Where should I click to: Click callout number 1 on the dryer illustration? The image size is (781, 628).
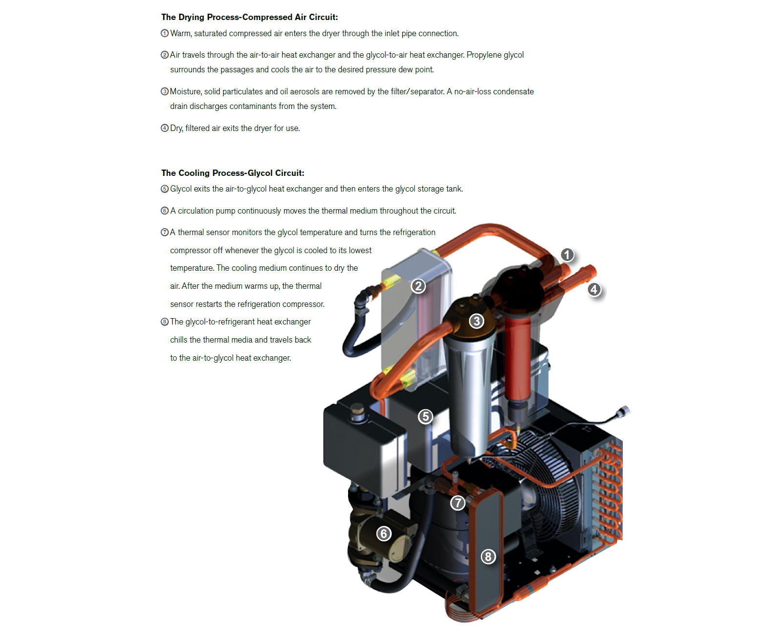(x=567, y=255)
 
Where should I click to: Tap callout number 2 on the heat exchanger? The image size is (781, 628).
(x=418, y=286)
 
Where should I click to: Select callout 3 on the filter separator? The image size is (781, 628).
(x=476, y=321)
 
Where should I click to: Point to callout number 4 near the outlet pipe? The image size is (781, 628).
(x=594, y=289)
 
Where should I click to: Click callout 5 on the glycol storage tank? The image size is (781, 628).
(x=426, y=416)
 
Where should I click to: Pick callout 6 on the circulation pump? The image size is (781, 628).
(x=384, y=533)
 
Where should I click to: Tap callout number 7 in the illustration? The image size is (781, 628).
(x=458, y=502)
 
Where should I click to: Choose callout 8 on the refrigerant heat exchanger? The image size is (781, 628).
(x=488, y=556)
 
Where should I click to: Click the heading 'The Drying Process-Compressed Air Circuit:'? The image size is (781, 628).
(x=249, y=17)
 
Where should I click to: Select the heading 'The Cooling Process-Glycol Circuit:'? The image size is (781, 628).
(x=233, y=173)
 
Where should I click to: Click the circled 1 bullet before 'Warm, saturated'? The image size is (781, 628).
(x=165, y=33)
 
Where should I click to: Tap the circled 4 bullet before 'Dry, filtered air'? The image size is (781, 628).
(x=165, y=128)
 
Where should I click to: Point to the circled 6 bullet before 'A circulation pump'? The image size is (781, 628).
(x=165, y=211)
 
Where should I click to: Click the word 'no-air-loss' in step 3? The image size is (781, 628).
(x=473, y=91)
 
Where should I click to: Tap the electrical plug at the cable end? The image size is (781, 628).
(x=623, y=411)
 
